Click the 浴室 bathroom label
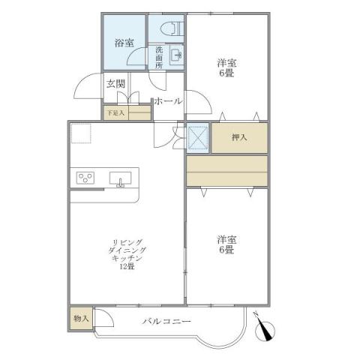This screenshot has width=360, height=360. pyautogui.click(x=124, y=43)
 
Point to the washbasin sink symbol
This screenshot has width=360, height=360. pyautogui.click(x=175, y=55)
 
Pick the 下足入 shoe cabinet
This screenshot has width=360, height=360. pyautogui.click(x=127, y=112)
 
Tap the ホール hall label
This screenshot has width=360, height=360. pyautogui.click(x=168, y=100)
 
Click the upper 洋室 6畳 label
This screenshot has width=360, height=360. pyautogui.click(x=227, y=68)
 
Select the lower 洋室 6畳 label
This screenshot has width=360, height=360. pyautogui.click(x=227, y=244)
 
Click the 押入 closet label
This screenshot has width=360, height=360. pyautogui.click(x=239, y=138)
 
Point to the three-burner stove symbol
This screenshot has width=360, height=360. pyautogui.click(x=86, y=178)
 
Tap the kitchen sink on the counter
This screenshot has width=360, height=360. pyautogui.click(x=121, y=178)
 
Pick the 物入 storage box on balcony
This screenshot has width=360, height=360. pyautogui.click(x=81, y=319)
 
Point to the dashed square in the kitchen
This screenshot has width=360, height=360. pyautogui.click(x=81, y=133)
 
